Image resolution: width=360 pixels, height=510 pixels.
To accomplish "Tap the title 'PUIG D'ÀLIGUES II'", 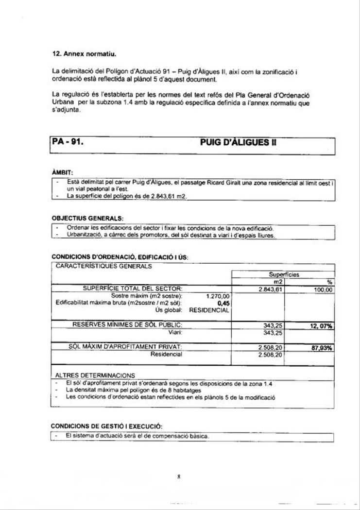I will tap(238, 144).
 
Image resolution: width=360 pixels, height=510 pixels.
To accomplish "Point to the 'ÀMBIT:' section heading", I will tap(62, 173).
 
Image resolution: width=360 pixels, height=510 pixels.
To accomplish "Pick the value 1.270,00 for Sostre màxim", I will tap(218, 295).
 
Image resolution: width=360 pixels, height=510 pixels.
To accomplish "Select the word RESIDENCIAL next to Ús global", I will tap(209, 310).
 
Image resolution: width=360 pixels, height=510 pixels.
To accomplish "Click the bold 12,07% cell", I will tap(321, 326).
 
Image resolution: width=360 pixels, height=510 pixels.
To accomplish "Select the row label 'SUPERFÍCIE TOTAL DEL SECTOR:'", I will tap(133, 289).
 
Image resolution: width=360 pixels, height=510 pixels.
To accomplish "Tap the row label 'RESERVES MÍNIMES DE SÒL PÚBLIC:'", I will tap(127, 324).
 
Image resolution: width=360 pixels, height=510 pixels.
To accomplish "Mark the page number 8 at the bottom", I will tap(179, 476).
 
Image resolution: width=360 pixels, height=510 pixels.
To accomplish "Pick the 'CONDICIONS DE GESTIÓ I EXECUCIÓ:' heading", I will tap(107, 425).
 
